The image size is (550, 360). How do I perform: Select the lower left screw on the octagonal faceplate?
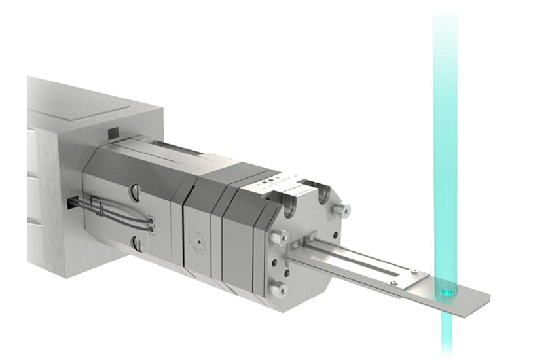coord(279,289)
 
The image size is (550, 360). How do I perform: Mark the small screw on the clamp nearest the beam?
coord(413,273)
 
